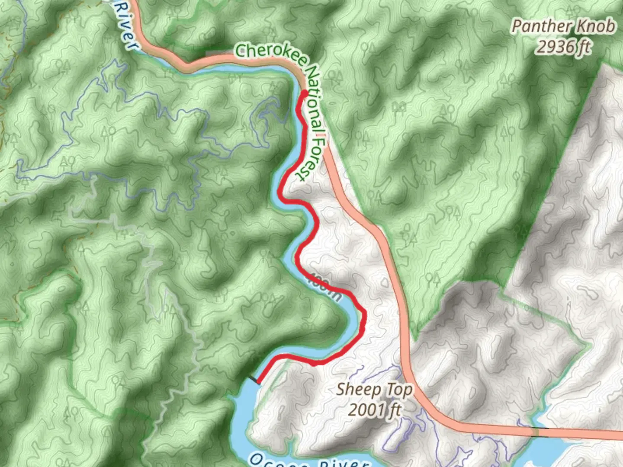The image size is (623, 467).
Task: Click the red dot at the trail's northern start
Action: pyautogui.click(x=304, y=93)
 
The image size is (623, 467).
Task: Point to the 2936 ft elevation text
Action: pyautogui.click(x=563, y=46)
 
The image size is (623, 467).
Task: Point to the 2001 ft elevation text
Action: pyautogui.click(x=375, y=409)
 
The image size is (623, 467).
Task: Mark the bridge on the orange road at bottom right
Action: pyautogui.click(x=536, y=431)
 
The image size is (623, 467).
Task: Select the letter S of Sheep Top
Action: pyautogui.click(x=341, y=389)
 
